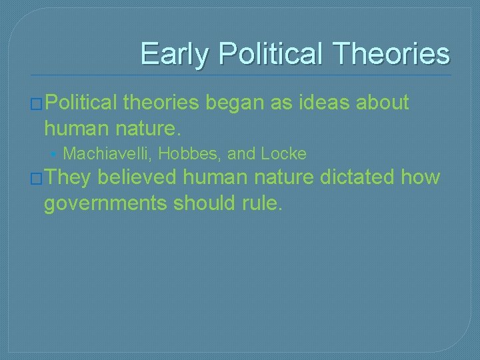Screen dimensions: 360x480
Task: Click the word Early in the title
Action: coord(173,53)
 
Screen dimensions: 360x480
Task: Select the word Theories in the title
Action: coord(392,53)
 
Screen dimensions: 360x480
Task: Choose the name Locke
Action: coord(283,154)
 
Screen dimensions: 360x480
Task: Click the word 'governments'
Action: coord(105,203)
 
